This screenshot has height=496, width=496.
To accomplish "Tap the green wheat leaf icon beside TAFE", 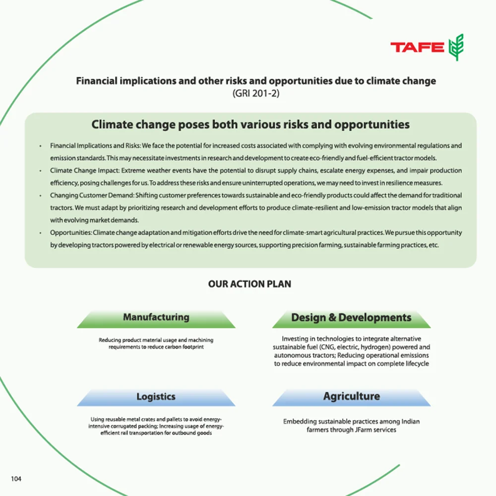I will (x=455, y=47).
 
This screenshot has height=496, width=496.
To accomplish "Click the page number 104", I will (x=16, y=479).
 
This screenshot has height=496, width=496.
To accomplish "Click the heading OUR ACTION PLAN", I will (x=249, y=284).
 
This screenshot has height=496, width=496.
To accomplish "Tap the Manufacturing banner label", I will (x=156, y=317).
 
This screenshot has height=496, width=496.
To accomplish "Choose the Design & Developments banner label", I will (x=351, y=317).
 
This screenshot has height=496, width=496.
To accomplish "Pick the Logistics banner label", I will (x=156, y=396).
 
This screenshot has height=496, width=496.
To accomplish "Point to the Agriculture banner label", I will (x=351, y=396).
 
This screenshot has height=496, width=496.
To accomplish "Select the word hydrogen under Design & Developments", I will (x=364, y=347).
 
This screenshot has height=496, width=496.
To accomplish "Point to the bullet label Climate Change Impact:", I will (x=81, y=171).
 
